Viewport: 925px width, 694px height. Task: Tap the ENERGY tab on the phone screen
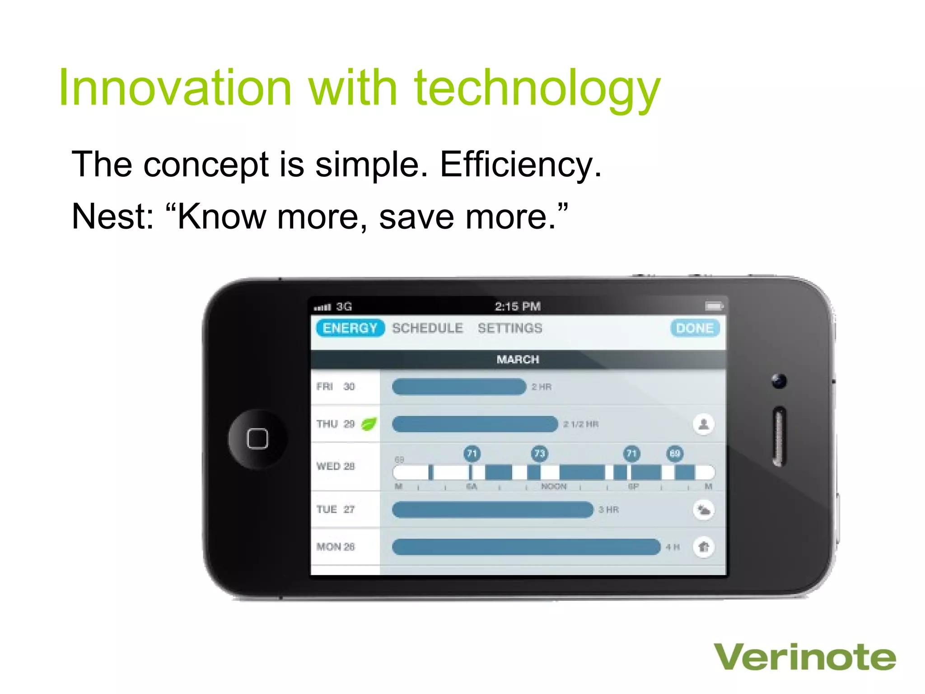(x=350, y=328)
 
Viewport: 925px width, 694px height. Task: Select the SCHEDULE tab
(x=427, y=328)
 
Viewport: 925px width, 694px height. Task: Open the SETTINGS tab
(x=510, y=328)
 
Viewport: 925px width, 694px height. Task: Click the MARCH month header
(x=518, y=360)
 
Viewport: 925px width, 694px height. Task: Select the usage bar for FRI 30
(x=459, y=387)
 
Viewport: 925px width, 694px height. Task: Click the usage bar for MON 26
(x=526, y=547)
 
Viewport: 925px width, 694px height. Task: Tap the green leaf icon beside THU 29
(x=369, y=424)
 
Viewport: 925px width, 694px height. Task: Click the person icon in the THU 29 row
(x=703, y=424)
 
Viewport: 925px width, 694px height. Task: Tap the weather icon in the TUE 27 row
(x=703, y=510)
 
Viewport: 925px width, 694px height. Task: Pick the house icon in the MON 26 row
(x=703, y=547)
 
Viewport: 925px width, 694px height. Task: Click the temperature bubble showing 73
(x=539, y=453)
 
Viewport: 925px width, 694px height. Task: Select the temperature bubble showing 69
(x=675, y=453)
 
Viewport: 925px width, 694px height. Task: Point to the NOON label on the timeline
(x=554, y=487)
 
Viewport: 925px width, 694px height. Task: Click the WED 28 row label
(x=336, y=466)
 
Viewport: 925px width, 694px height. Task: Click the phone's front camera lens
(x=779, y=381)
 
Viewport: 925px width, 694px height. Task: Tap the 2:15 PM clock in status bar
(x=518, y=307)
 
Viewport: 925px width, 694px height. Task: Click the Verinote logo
(x=804, y=657)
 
